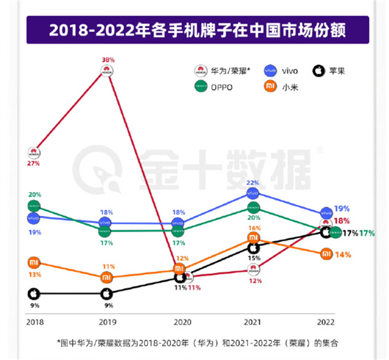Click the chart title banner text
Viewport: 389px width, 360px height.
pos(195,30)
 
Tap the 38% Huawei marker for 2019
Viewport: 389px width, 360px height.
pos(108,71)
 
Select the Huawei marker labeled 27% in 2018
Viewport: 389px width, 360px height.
pos(34,153)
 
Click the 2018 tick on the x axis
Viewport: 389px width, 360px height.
pos(34,321)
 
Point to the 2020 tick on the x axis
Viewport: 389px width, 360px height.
pos(182,321)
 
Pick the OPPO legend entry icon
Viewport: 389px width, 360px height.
pos(201,86)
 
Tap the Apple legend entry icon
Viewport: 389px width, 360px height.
pos(319,70)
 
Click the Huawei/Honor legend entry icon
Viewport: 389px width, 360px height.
pos(201,70)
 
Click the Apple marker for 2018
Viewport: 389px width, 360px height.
pos(34,294)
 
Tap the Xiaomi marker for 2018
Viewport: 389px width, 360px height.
pos(34,263)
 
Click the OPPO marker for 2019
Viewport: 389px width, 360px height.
pos(108,230)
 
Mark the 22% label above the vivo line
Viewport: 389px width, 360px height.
pos(253,183)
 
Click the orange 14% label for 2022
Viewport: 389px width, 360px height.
pos(344,255)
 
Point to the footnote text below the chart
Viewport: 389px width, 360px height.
pos(194,342)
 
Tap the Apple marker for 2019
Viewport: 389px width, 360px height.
pos(108,294)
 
